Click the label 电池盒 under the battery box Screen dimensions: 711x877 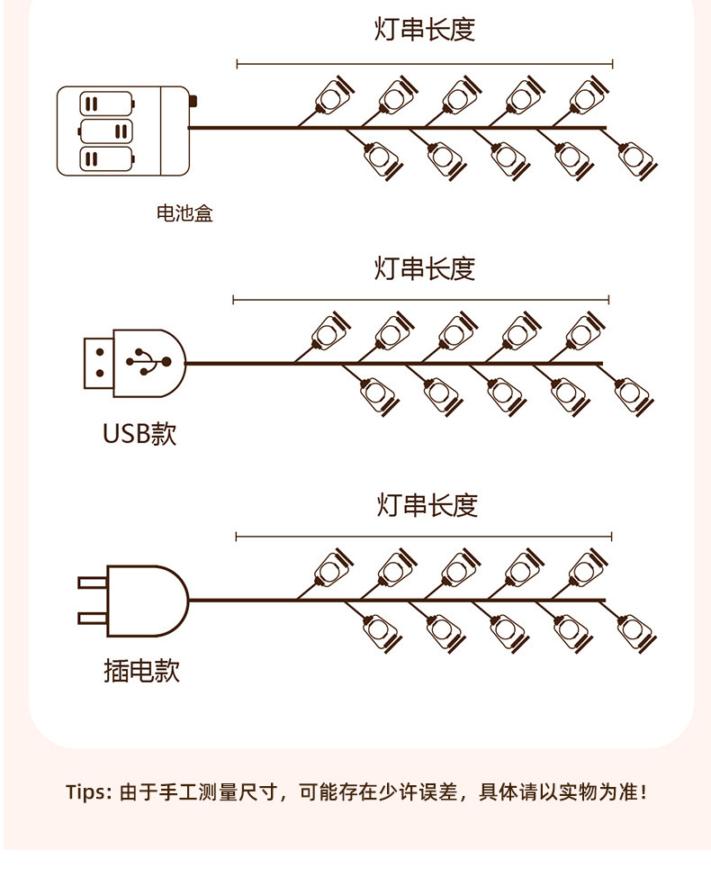pyautogui.click(x=184, y=213)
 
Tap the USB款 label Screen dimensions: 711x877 pyautogui.click(x=139, y=433)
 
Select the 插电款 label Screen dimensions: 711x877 pyautogui.click(x=141, y=670)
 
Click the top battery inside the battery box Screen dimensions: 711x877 pyautogui.click(x=107, y=104)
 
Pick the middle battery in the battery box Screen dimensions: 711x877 pyautogui.click(x=105, y=131)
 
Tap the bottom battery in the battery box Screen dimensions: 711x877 pyautogui.click(x=107, y=158)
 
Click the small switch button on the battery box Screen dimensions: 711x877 pyautogui.click(x=193, y=102)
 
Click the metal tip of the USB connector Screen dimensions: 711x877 pyautogui.click(x=99, y=363)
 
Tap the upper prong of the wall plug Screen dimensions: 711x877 pyautogui.click(x=92, y=583)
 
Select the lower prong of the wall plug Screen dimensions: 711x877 pyautogui.click(x=92, y=618)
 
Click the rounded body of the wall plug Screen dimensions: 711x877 pyautogui.click(x=148, y=601)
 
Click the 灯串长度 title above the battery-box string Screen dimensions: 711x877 pyautogui.click(x=425, y=30)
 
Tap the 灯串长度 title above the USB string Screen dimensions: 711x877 pyautogui.click(x=425, y=268)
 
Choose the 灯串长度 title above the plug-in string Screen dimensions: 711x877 pyautogui.click(x=427, y=505)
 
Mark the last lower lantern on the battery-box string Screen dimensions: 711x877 pyautogui.click(x=637, y=159)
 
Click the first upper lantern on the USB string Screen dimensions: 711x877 pyautogui.click(x=329, y=331)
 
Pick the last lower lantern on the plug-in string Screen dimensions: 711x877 pyautogui.click(x=636, y=632)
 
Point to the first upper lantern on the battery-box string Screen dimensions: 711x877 pyautogui.click(x=334, y=95)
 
